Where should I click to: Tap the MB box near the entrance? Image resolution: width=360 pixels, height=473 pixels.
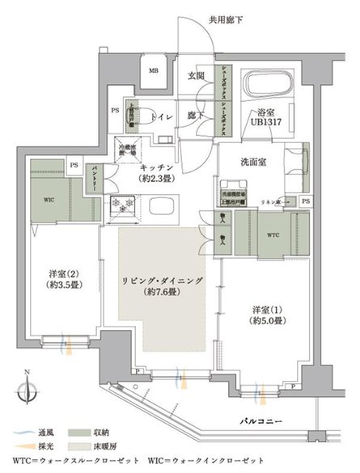pyautogui.click(x=153, y=71)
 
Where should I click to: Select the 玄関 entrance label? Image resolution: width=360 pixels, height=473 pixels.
pyautogui.click(x=197, y=76)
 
